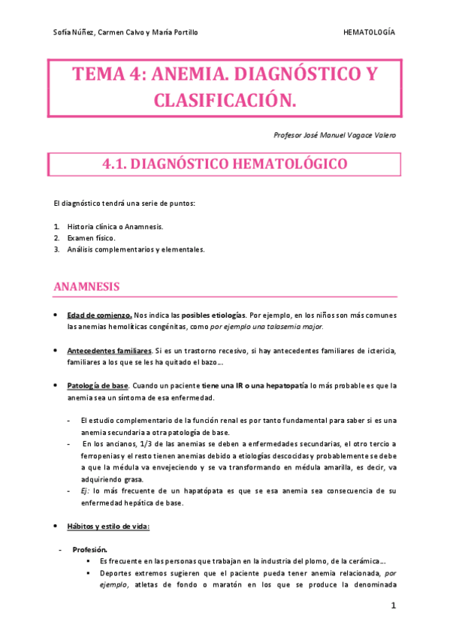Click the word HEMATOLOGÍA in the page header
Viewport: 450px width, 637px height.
pos(369,32)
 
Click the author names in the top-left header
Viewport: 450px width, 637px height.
pos(126,32)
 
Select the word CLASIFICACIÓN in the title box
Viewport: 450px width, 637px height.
pos(225,100)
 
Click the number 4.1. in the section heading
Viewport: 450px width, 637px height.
pos(117,165)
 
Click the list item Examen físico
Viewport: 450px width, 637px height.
pos(91,237)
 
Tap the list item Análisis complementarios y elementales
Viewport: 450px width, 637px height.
pos(135,249)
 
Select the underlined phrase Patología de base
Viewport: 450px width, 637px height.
pos(98,385)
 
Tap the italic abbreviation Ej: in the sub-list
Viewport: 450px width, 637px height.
pos(85,491)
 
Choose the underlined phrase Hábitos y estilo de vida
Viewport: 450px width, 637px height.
pos(108,527)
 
